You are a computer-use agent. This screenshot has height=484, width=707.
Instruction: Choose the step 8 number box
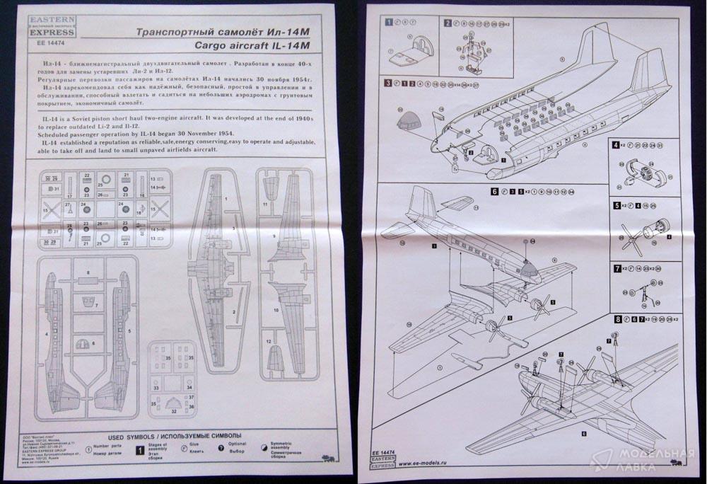(617, 320)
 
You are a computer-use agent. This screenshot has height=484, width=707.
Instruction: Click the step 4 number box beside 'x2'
(616, 145)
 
